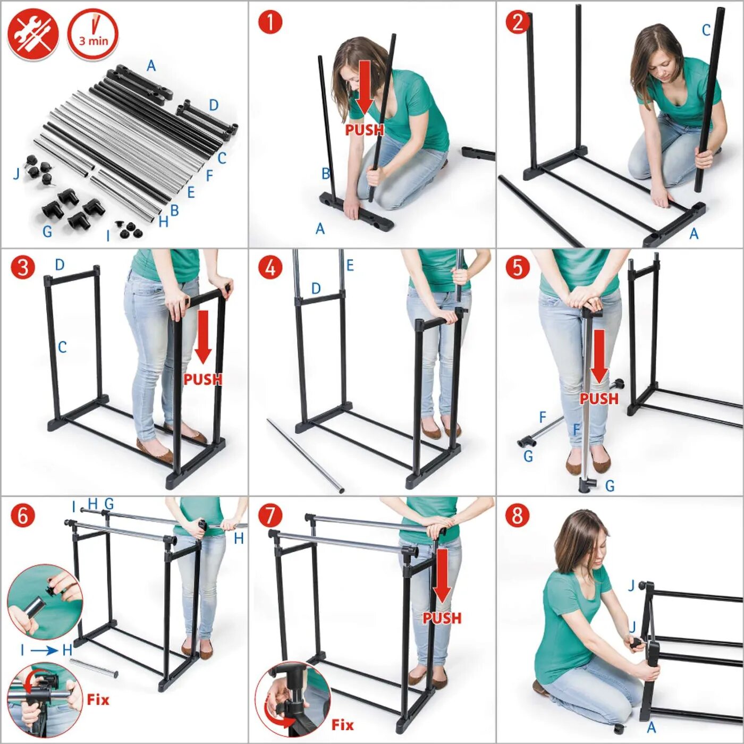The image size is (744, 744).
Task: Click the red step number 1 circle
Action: click(270, 22)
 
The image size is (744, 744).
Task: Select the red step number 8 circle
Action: click(518, 516)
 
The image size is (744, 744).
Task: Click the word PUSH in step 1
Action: click(365, 130)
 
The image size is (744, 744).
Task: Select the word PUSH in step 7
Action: click(442, 618)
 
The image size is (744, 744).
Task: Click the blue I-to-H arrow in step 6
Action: click(45, 650)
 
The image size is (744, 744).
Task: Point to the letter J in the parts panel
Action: click(16, 174)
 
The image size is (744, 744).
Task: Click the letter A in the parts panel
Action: click(151, 66)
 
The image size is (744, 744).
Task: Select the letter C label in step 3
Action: click(62, 348)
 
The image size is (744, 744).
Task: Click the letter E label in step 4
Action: click(350, 265)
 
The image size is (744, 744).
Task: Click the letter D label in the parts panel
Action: click(214, 105)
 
